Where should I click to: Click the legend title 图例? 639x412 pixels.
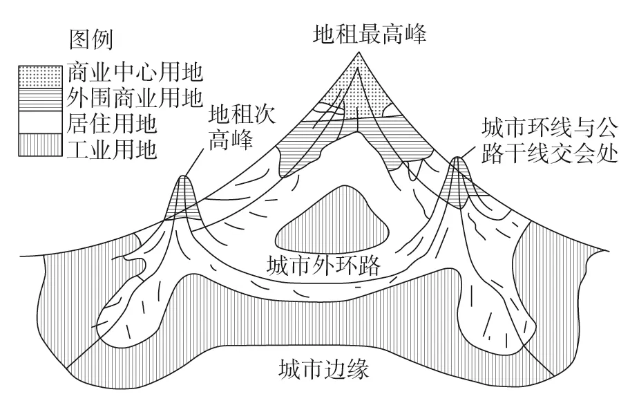[x=91, y=39]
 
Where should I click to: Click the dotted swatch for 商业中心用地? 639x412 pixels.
[x=40, y=77]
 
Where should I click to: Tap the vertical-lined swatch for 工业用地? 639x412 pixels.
[x=40, y=144]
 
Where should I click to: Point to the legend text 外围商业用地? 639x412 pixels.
[x=135, y=98]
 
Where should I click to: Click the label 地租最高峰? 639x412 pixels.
[x=370, y=34]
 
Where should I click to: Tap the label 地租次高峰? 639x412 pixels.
[x=242, y=127]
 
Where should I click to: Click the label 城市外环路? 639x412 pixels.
[x=323, y=265]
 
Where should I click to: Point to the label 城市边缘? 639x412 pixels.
[x=324, y=368]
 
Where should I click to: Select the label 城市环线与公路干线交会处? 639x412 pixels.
[x=550, y=141]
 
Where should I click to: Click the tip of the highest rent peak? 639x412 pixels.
[x=359, y=52]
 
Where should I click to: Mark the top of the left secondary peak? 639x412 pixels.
[x=183, y=176]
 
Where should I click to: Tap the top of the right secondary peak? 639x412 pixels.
[x=457, y=158]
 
